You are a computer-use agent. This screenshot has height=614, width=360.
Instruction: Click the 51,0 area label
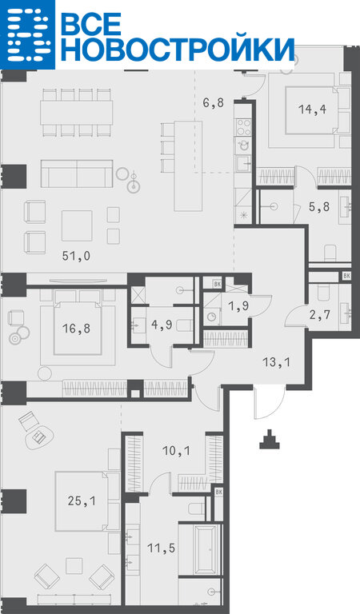point(76,256)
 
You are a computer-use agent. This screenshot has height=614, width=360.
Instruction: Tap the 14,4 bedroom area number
point(312,110)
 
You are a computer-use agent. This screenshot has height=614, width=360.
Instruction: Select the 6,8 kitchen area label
point(214,103)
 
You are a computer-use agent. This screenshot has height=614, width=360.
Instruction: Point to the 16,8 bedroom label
point(76,328)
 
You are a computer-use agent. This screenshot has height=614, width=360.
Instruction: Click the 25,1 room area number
point(81,500)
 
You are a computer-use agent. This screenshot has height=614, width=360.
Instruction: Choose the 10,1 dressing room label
point(176,452)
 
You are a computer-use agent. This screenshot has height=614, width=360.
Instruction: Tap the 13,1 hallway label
point(277,362)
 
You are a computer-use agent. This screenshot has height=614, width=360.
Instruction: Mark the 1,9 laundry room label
point(238,307)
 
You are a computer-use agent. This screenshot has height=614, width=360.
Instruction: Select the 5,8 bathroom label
point(319,206)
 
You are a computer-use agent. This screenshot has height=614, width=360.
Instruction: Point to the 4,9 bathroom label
point(162,325)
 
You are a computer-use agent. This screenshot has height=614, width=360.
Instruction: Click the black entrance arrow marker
point(269,440)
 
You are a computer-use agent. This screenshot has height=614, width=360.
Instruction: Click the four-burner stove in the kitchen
point(243,127)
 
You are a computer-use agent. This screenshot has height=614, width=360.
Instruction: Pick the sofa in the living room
point(77,173)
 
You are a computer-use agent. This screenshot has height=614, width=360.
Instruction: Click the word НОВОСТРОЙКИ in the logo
point(178,50)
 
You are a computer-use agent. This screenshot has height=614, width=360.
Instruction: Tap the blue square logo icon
point(27,34)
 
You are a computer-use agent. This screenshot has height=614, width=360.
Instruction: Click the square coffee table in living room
point(77,225)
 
